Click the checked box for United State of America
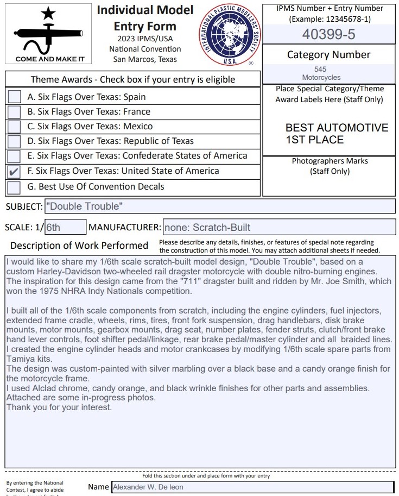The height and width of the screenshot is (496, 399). click(15, 172)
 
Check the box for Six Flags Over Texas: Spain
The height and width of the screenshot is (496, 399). click(15, 97)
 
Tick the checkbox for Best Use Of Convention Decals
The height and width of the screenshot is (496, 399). click(15, 187)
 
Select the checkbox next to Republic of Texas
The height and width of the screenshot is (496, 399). click(15, 141)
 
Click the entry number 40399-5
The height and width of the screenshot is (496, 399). click(328, 34)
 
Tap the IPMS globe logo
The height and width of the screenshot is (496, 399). click(229, 35)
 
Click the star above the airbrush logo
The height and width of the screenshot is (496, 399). click(48, 14)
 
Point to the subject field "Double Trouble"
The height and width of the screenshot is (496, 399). click(219, 206)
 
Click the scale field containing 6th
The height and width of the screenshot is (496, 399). click(65, 227)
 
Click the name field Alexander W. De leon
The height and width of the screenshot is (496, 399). click(252, 487)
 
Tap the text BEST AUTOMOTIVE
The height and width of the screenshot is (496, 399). click(337, 128)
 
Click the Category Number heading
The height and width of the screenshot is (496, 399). click(328, 55)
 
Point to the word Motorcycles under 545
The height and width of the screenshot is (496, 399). click(321, 78)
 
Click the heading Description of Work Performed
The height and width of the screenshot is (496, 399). click(79, 246)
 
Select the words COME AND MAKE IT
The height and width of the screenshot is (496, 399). click(50, 59)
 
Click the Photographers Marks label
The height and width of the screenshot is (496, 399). click(330, 161)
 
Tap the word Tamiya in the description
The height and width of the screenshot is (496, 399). click(20, 359)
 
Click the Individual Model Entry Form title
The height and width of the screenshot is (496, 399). click(145, 18)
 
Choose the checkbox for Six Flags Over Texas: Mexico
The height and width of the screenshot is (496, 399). click(15, 127)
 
